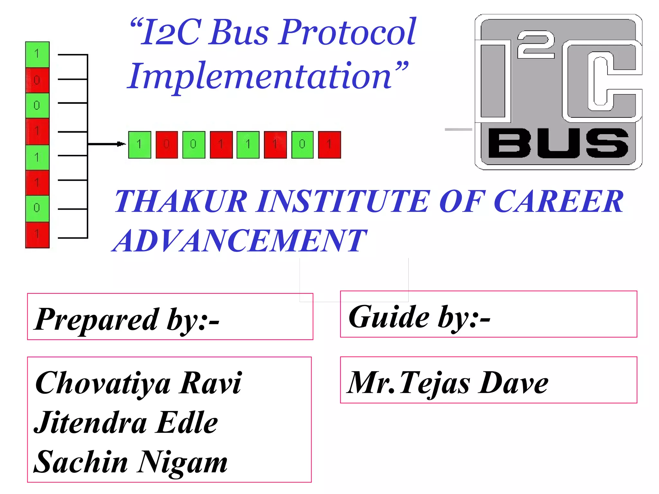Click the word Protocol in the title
pyautogui.click(x=348, y=32)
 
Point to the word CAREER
pyautogui.click(x=558, y=202)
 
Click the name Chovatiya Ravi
pyautogui.click(x=138, y=383)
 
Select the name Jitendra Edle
pyautogui.click(x=126, y=423)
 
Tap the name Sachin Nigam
pyautogui.click(x=131, y=462)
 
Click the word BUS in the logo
pyautogui.click(x=558, y=143)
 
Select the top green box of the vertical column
pyautogui.click(x=37, y=54)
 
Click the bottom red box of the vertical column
pyautogui.click(x=37, y=235)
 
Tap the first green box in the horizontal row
pyautogui.click(x=140, y=145)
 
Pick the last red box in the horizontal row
pyautogui.click(x=329, y=145)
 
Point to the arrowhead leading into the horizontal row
pyautogui.click(x=121, y=144)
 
